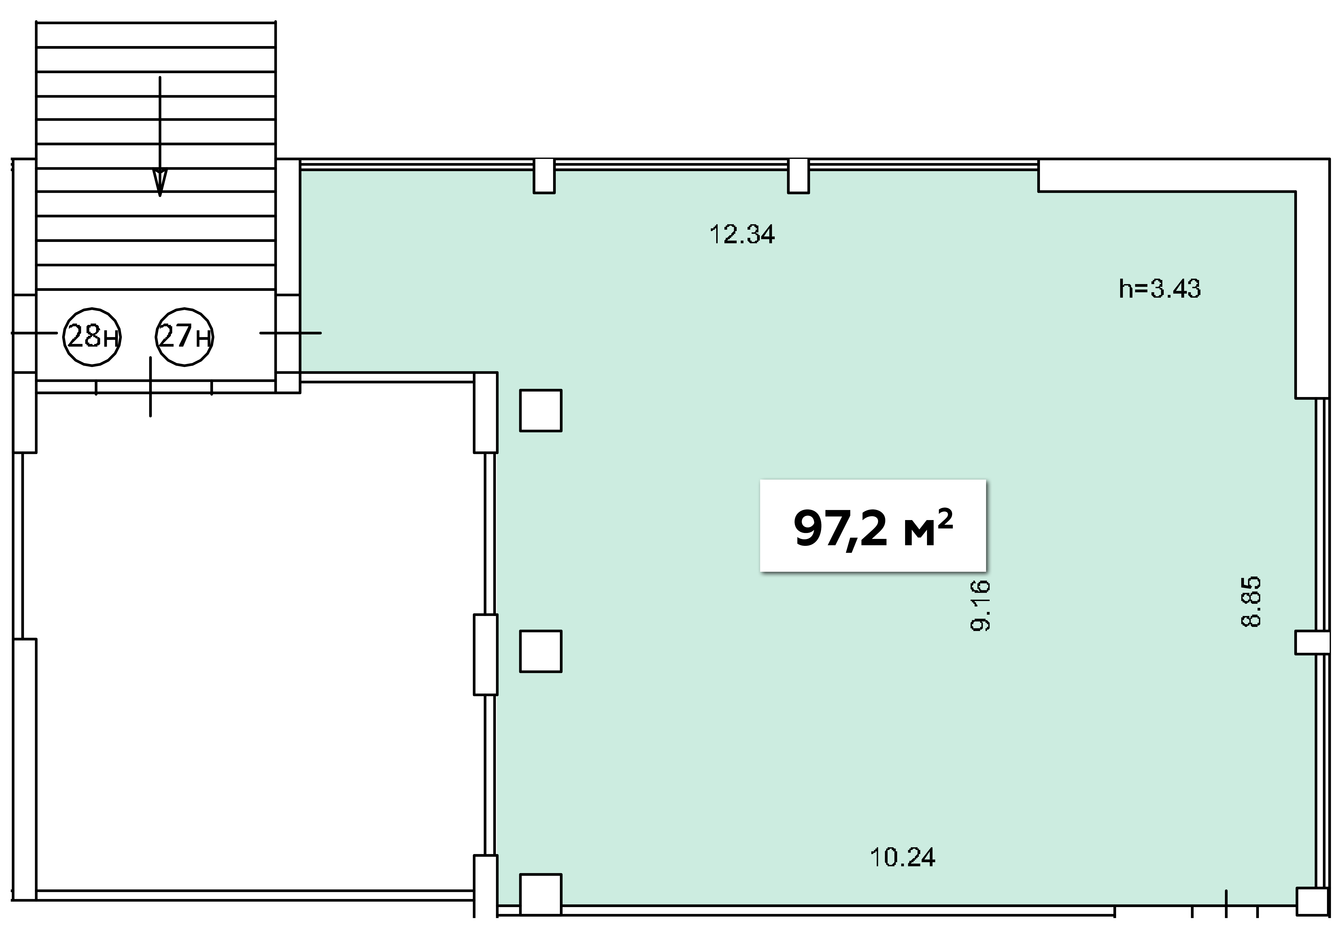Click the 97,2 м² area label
coord(873,525)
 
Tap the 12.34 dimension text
coord(742,235)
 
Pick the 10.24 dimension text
coord(903,858)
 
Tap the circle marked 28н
coord(92,337)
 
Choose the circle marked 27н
coord(184,337)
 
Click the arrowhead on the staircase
coord(160,183)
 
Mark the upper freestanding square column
coord(540,410)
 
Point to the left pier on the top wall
coord(544,176)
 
